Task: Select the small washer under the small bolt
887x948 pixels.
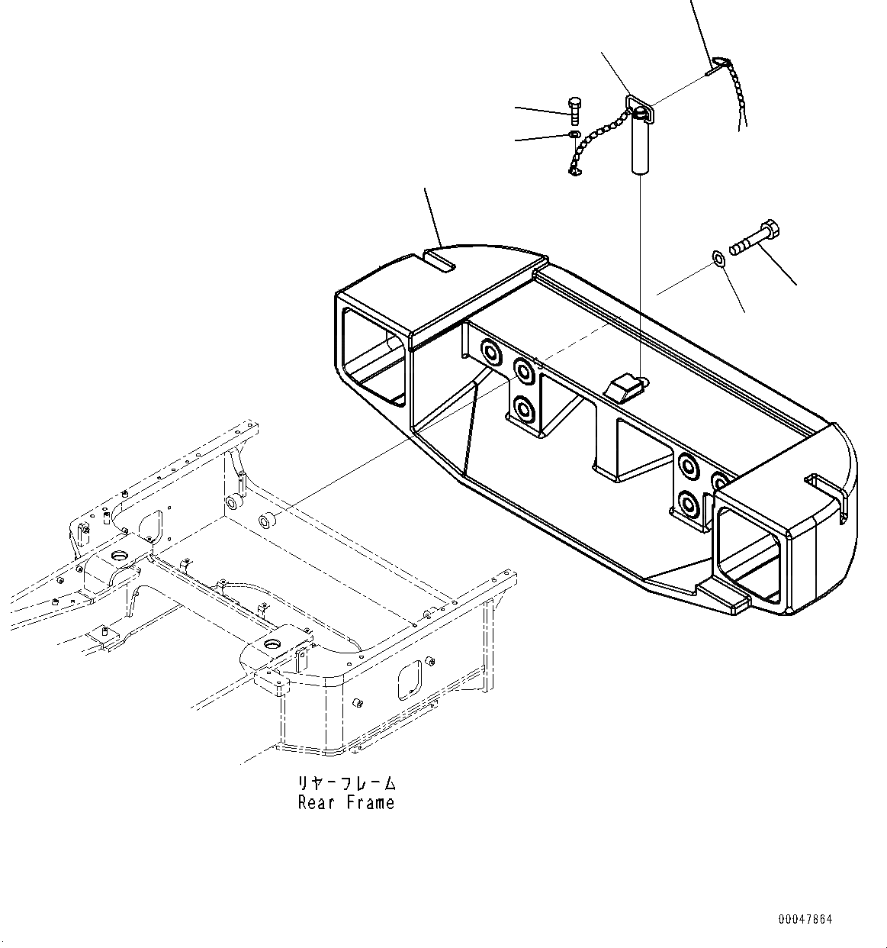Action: tap(574, 135)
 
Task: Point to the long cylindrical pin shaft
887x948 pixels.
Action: tap(640, 144)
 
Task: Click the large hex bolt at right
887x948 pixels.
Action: tap(754, 237)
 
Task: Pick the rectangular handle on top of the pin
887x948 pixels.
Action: tap(637, 109)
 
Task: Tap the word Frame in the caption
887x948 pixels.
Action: tap(370, 802)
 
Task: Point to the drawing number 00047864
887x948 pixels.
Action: tap(805, 919)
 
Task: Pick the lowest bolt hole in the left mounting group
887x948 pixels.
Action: tap(524, 408)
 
